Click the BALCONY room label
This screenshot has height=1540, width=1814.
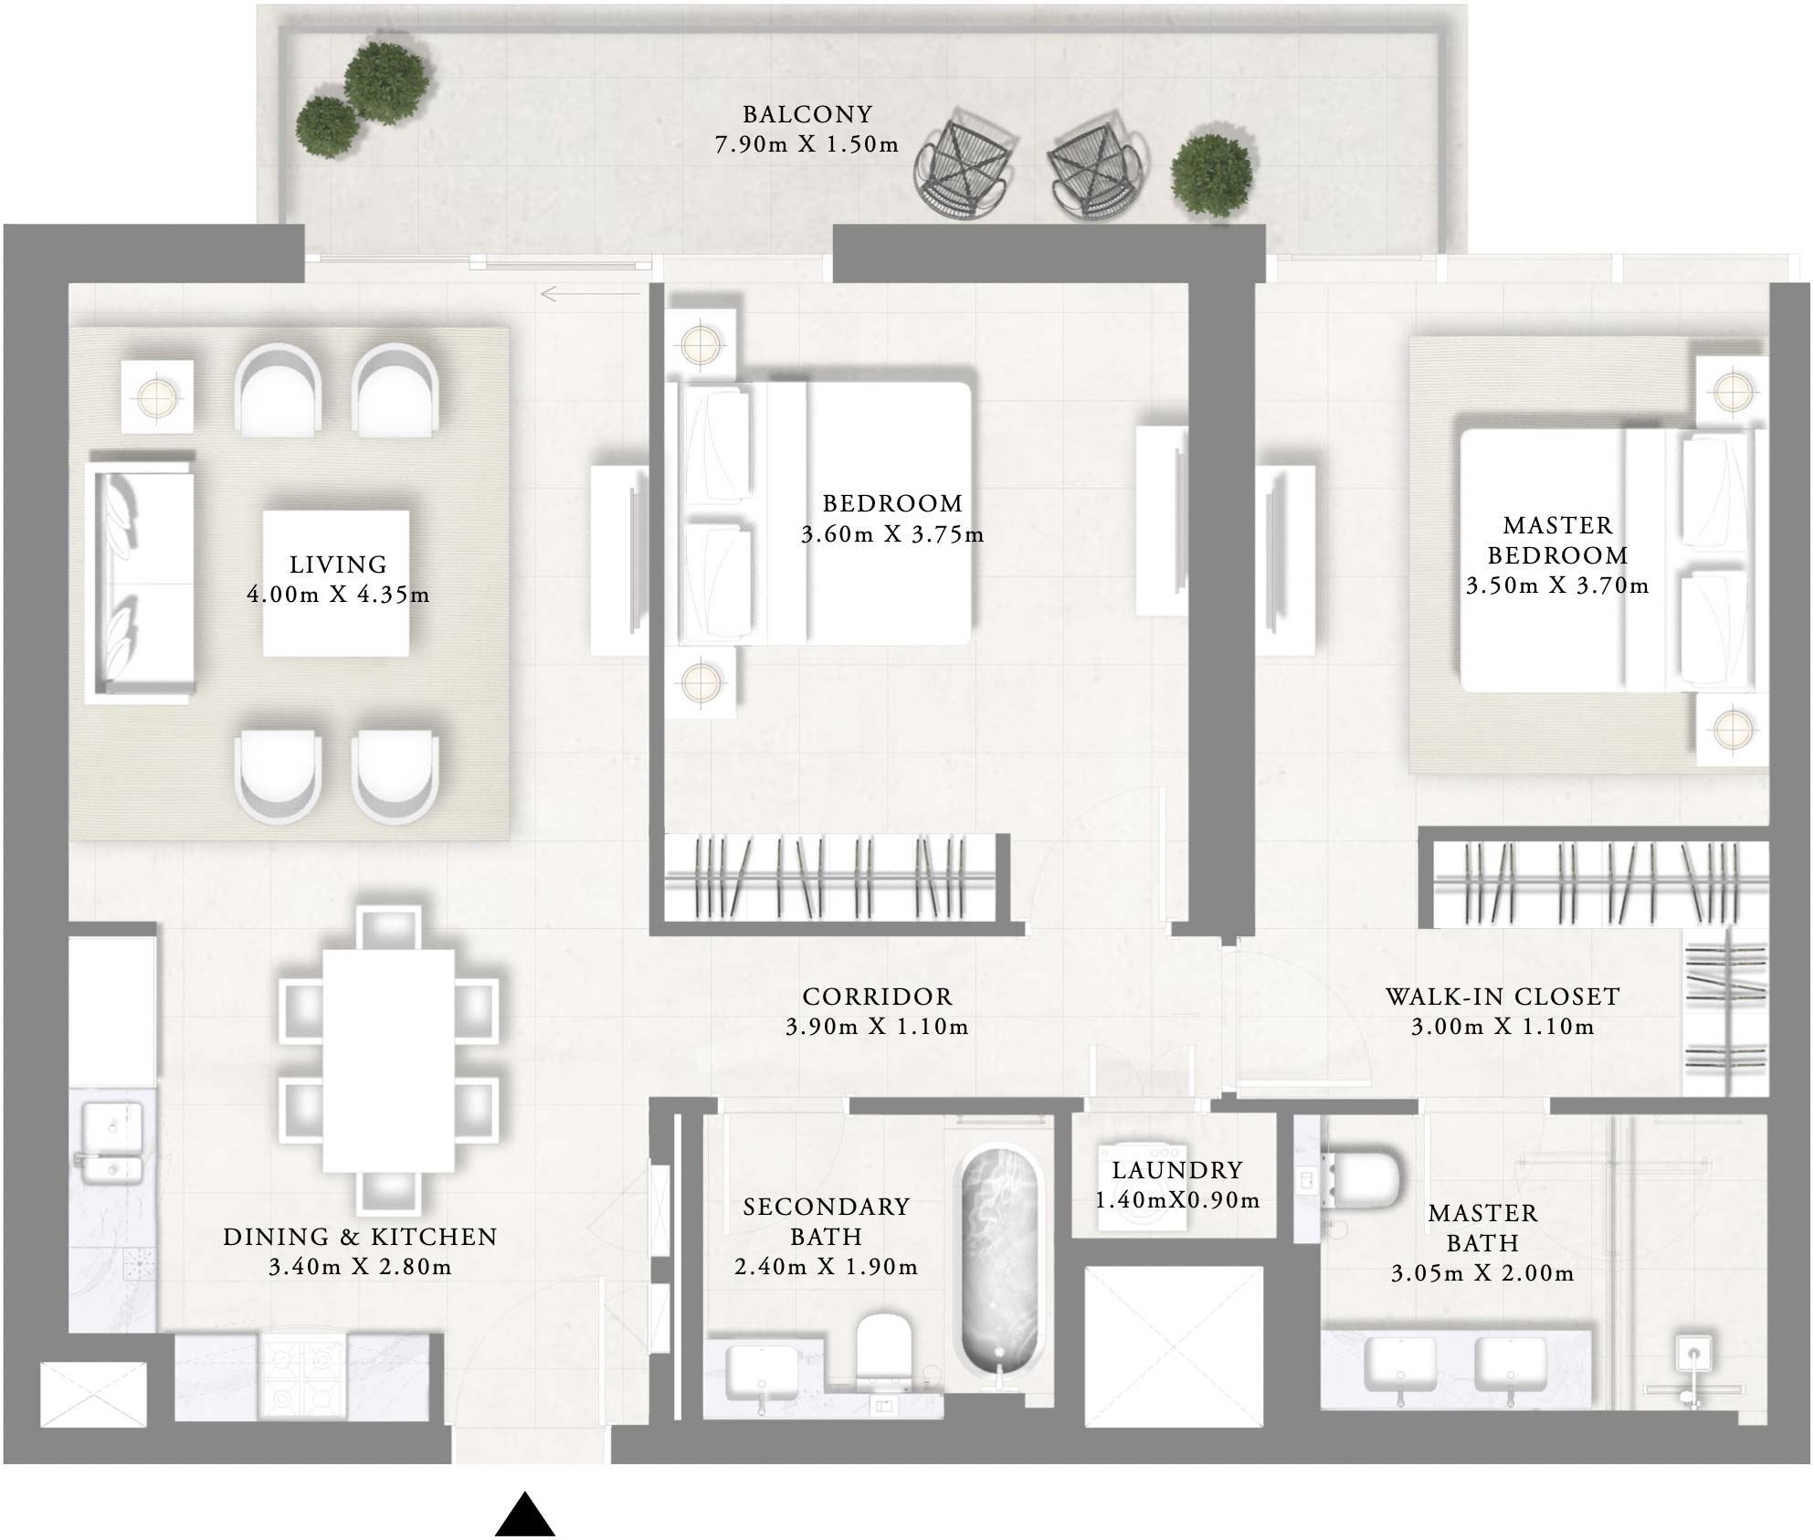pyautogui.click(x=807, y=114)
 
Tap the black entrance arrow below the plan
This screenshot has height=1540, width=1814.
pyautogui.click(x=525, y=1515)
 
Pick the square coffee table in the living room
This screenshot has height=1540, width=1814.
pyautogui.click(x=336, y=583)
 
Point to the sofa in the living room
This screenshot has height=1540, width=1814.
pyautogui.click(x=139, y=583)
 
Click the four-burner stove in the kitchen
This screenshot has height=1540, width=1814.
pyautogui.click(x=302, y=1378)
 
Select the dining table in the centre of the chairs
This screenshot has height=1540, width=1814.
pyautogui.click(x=388, y=1060)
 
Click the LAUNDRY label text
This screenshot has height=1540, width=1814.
pyautogui.click(x=1177, y=1170)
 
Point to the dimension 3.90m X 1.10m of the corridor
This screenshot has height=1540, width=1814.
pyautogui.click(x=877, y=1027)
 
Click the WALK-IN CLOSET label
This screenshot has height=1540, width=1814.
pyautogui.click(x=1503, y=997)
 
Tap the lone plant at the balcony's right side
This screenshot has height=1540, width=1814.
pyautogui.click(x=1211, y=175)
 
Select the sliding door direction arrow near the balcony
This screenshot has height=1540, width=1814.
pyautogui.click(x=588, y=294)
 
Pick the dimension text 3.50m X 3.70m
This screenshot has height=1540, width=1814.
pyautogui.click(x=1557, y=586)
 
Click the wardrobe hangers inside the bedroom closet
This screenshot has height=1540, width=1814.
pyautogui.click(x=827, y=878)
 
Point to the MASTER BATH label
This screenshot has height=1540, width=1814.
pyautogui.click(x=1482, y=1228)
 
